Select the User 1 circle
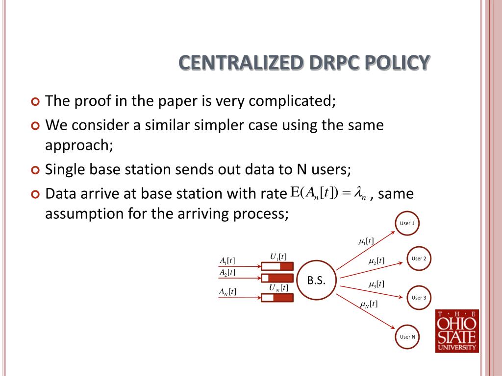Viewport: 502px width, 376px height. pos(407,224)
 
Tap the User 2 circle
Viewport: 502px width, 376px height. pos(419,258)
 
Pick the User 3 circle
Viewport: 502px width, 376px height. pos(419,298)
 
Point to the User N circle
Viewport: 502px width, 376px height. pos(407,337)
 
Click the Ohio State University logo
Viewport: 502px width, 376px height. pos(457,331)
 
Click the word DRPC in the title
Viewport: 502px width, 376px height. pos(334,63)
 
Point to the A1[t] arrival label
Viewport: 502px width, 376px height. pos(227,260)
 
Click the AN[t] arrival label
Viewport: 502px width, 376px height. pos(227,292)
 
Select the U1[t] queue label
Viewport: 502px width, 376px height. pos(278,257)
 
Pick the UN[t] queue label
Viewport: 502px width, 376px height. pos(278,288)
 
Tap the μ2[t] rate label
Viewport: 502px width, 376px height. pos(376,261)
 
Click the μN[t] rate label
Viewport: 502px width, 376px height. pos(368,305)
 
